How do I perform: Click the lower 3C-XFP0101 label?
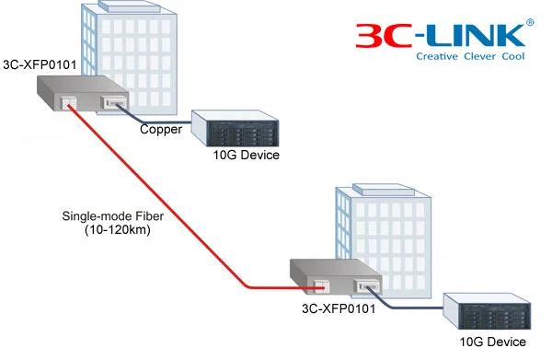click(x=339, y=308)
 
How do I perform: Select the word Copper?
click(x=160, y=130)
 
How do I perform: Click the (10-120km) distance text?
click(x=105, y=231)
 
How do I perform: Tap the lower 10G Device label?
click(x=493, y=342)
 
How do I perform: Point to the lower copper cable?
click(x=412, y=303)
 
